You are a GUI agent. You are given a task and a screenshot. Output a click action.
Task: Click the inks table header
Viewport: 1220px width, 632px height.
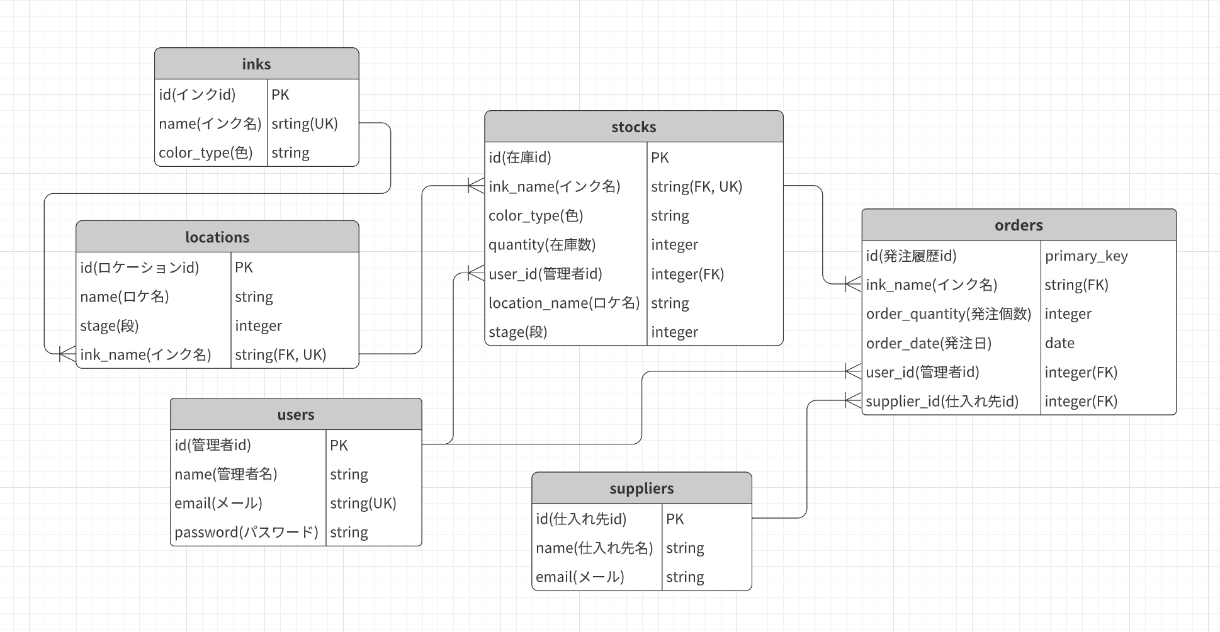(x=256, y=64)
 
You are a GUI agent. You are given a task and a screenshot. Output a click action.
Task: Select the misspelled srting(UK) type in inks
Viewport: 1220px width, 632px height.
(x=305, y=124)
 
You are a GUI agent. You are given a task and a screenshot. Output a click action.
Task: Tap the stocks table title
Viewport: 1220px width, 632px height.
(x=633, y=127)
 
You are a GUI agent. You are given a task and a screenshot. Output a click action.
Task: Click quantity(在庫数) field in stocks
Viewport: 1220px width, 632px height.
(x=542, y=245)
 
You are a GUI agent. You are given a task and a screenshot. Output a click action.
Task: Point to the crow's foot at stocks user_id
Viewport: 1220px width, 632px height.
(x=476, y=273)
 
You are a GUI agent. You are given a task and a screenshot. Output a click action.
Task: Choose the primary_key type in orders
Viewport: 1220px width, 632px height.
(x=1086, y=256)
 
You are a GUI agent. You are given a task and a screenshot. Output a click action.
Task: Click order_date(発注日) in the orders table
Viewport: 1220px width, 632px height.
(x=929, y=343)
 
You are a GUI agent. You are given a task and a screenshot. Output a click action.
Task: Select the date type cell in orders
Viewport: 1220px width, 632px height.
(x=1059, y=343)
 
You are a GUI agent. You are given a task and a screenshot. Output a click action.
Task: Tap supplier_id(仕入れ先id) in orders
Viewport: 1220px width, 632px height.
(x=942, y=401)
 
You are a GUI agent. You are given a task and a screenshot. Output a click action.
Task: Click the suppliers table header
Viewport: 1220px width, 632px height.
(x=641, y=488)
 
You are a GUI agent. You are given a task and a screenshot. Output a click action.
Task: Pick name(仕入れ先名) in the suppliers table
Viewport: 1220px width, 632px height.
(x=594, y=548)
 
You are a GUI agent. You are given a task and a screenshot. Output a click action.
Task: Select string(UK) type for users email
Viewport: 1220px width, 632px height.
(x=363, y=504)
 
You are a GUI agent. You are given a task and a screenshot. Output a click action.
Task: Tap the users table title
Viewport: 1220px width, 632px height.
(x=295, y=415)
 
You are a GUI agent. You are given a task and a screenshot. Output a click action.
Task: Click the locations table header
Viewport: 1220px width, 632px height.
(x=217, y=237)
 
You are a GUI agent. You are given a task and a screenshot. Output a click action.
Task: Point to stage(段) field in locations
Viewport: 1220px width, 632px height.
(x=110, y=326)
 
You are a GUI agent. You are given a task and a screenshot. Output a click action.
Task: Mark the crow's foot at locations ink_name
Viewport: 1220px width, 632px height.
(x=67, y=354)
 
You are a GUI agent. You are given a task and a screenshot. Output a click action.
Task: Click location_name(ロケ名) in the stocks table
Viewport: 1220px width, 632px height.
(x=564, y=303)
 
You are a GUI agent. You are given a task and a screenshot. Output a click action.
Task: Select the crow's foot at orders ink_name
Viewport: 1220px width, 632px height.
(x=853, y=284)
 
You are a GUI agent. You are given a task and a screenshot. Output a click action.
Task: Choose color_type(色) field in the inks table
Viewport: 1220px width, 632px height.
(x=205, y=153)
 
